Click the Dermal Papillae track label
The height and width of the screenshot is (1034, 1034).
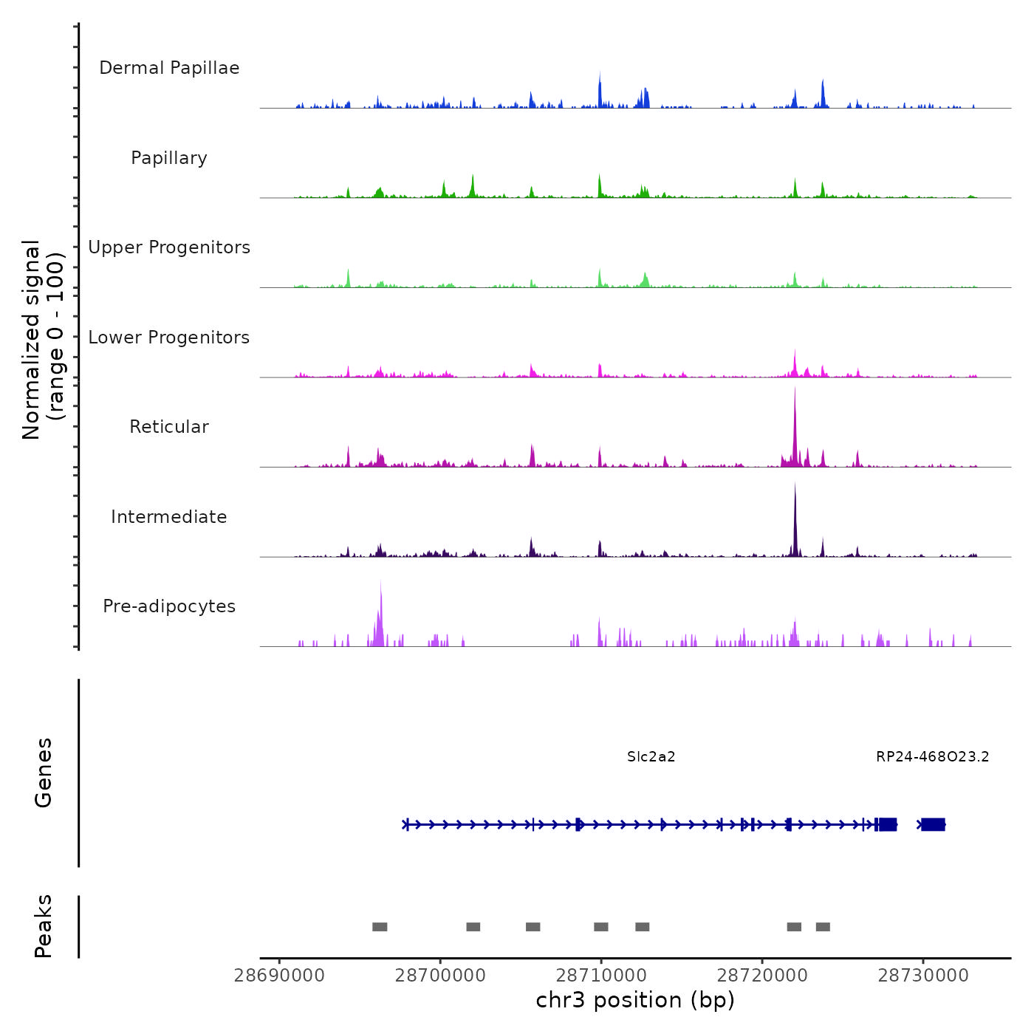pyautogui.click(x=169, y=68)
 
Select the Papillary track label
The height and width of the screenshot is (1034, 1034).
pyautogui.click(x=169, y=158)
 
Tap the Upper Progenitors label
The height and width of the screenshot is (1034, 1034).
pyautogui.click(x=169, y=247)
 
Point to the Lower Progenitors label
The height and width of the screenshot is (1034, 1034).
pyautogui.click(x=169, y=338)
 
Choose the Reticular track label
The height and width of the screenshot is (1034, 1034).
pyautogui.click(x=169, y=427)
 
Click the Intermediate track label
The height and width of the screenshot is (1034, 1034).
pyautogui.click(x=169, y=517)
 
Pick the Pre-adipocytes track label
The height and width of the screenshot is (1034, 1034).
pyautogui.click(x=169, y=606)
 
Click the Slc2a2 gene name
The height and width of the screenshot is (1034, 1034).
pyautogui.click(x=651, y=757)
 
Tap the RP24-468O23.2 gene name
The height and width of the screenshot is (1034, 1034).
pyautogui.click(x=933, y=757)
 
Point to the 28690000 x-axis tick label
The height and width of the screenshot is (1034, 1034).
pyautogui.click(x=279, y=976)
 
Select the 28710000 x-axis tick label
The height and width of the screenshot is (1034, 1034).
pyautogui.click(x=601, y=976)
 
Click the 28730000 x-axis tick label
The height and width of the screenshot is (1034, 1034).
pyautogui.click(x=923, y=976)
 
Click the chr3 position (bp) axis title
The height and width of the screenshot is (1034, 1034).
pyautogui.click(x=635, y=1001)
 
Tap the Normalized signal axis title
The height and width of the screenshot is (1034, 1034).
pyautogui.click(x=43, y=340)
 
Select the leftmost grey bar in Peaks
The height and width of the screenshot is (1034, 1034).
pyautogui.click(x=380, y=927)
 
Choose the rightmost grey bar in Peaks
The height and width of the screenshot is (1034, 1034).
pyautogui.click(x=823, y=927)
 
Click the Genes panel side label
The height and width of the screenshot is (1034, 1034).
pyautogui.click(x=43, y=773)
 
